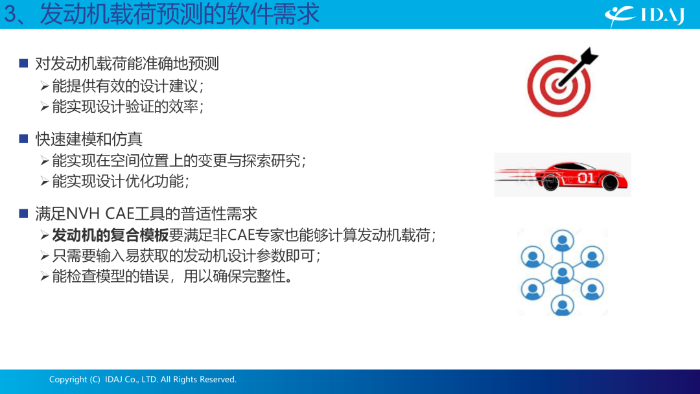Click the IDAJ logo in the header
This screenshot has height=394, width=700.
tap(645, 16)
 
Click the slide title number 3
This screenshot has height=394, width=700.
tap(11, 14)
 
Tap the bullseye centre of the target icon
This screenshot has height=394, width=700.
tap(559, 85)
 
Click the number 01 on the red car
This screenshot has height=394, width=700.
tap(586, 178)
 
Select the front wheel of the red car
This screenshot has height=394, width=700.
tap(610, 182)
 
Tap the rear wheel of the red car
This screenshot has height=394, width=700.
tap(550, 183)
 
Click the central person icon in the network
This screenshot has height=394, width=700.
tap(562, 273)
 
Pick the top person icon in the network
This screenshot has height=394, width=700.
tap(562, 241)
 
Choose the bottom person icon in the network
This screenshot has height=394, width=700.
tap(562, 305)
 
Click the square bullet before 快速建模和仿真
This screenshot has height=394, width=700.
tap(24, 139)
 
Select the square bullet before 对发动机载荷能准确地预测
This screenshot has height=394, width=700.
tap(24, 64)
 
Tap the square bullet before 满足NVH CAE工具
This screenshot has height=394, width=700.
tap(24, 213)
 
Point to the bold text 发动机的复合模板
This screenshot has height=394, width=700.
tap(110, 235)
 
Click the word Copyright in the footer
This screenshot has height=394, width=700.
tap(68, 380)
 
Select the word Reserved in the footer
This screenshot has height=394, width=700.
tap(218, 379)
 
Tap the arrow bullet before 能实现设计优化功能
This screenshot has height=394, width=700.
tap(45, 181)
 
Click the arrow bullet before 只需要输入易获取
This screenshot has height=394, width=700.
tap(45, 256)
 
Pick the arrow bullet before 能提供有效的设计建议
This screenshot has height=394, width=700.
tap(45, 86)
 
